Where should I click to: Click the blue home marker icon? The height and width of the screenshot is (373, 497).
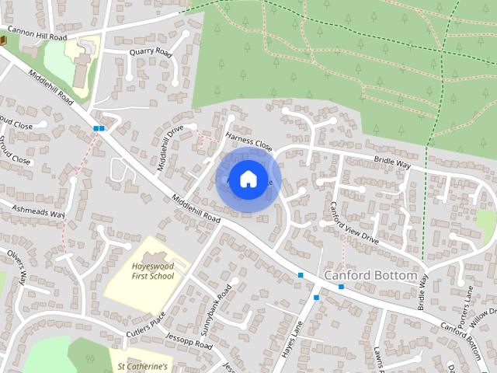point(247,180)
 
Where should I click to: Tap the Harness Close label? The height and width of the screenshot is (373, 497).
point(249,141)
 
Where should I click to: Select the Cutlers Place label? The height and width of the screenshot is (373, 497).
point(146,326)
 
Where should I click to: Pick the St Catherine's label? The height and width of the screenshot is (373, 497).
point(142,364)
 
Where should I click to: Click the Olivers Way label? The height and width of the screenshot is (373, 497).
point(17,267)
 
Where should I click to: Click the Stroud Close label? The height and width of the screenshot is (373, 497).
point(16,160)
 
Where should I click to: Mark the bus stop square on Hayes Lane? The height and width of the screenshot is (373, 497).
point(316,297)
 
